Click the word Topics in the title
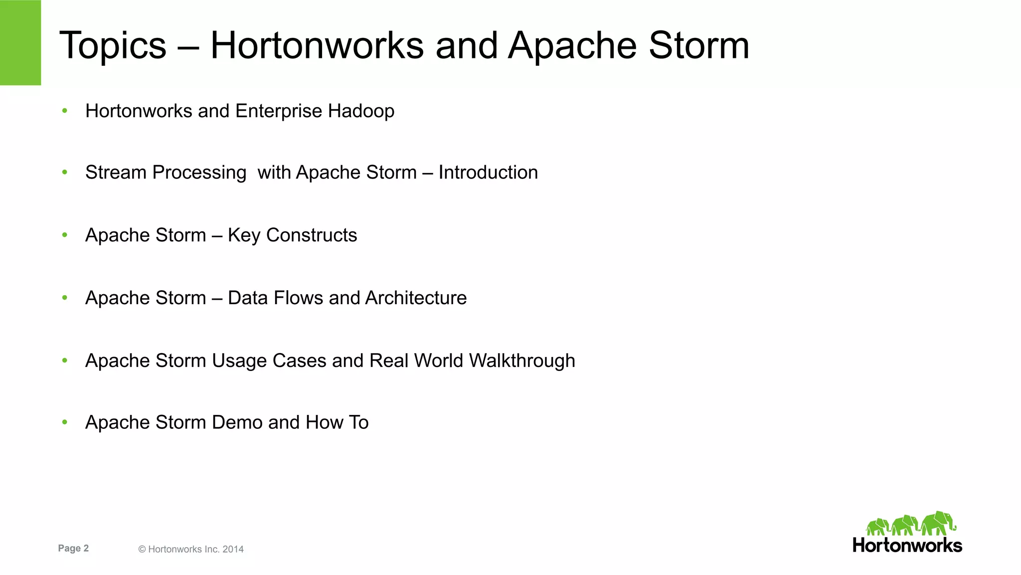(113, 46)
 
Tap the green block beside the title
(20, 42)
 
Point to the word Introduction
(488, 173)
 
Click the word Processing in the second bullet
(199, 173)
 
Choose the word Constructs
(312, 235)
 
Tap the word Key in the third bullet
(244, 235)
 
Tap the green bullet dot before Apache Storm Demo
(65, 422)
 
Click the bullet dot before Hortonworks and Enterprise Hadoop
(65, 111)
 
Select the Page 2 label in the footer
(73, 548)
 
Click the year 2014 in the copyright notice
(233, 549)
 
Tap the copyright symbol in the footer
(142, 549)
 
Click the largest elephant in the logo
(938, 523)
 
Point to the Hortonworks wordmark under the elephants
(907, 545)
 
